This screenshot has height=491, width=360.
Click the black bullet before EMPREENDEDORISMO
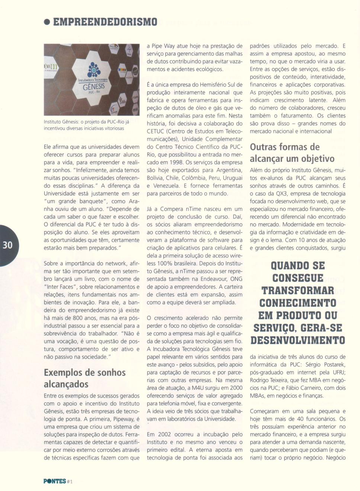click(47, 22)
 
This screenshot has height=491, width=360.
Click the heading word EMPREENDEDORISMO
click(105, 22)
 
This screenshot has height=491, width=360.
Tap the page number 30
click(7, 245)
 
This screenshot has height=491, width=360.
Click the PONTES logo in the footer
click(55, 481)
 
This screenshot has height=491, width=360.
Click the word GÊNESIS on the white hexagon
click(93, 87)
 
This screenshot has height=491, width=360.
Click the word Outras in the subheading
click(263, 147)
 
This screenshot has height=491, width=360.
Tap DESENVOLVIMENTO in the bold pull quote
click(298, 340)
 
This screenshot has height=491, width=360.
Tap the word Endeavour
click(205, 279)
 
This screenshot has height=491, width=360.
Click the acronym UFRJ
click(338, 372)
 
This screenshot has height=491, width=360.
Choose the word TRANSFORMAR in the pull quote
click(298, 291)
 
